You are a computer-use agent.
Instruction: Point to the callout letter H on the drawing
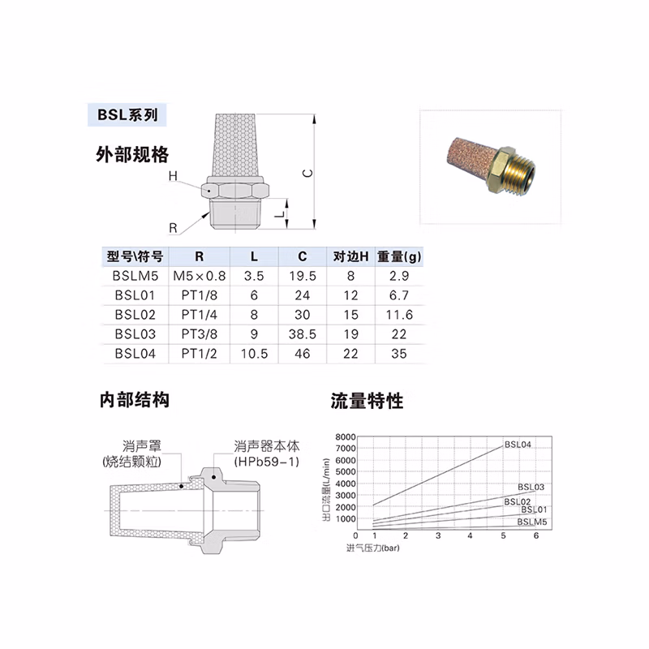(x=173, y=176)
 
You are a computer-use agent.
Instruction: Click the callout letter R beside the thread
(x=174, y=226)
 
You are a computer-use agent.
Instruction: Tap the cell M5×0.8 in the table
(x=198, y=276)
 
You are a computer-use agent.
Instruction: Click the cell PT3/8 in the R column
(x=198, y=333)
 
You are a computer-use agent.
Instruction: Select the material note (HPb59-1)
(x=267, y=462)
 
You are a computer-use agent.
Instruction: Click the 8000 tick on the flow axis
(x=346, y=436)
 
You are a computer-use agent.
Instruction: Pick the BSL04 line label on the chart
(x=518, y=445)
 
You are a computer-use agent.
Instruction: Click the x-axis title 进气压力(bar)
(x=372, y=548)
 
